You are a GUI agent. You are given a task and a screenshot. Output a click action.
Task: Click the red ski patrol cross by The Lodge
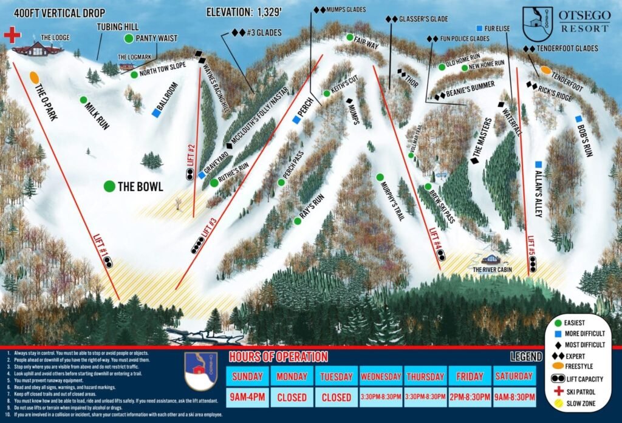click(12, 35)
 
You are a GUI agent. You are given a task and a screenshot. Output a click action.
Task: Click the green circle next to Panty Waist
click(129, 39)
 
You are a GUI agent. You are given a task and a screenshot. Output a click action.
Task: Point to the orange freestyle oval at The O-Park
click(34, 78)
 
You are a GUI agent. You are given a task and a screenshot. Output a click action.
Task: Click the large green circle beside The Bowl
click(109, 186)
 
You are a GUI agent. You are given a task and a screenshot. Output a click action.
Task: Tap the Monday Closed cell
click(292, 398)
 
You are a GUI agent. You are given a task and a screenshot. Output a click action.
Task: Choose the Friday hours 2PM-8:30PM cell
click(468, 398)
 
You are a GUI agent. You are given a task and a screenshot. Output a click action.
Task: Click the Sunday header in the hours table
click(247, 376)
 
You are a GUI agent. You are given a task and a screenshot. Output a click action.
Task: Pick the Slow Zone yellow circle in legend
click(556, 403)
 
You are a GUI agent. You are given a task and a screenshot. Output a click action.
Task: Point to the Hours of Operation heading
click(278, 357)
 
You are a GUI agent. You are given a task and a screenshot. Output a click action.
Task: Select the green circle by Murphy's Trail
click(380, 177)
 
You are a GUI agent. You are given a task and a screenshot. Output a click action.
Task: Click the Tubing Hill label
click(118, 27)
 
